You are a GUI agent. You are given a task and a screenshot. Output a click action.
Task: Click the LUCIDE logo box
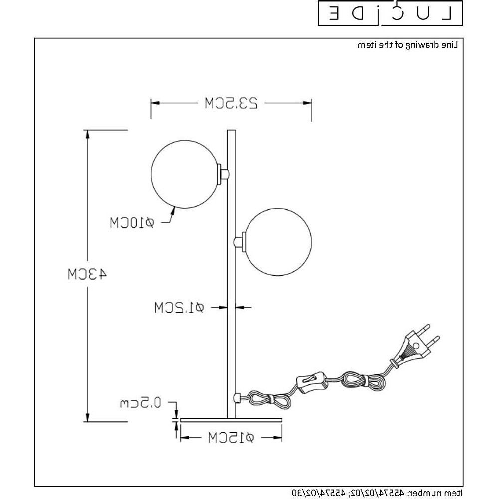tap(390, 13)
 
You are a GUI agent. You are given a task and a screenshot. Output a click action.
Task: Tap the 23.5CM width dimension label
tap(231, 104)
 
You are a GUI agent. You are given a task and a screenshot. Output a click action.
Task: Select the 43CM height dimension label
tap(87, 274)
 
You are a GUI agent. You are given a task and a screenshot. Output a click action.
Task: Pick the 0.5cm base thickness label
tap(140, 403)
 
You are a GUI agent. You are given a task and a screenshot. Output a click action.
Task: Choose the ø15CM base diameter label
tap(231, 438)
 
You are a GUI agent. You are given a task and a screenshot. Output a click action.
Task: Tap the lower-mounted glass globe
tap(278, 242)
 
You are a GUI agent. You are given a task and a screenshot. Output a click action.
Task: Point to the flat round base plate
tap(231, 420)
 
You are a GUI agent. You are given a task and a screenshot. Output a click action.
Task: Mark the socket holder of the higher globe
tap(225, 174)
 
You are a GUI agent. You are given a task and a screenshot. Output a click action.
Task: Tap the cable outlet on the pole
tap(238, 398)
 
